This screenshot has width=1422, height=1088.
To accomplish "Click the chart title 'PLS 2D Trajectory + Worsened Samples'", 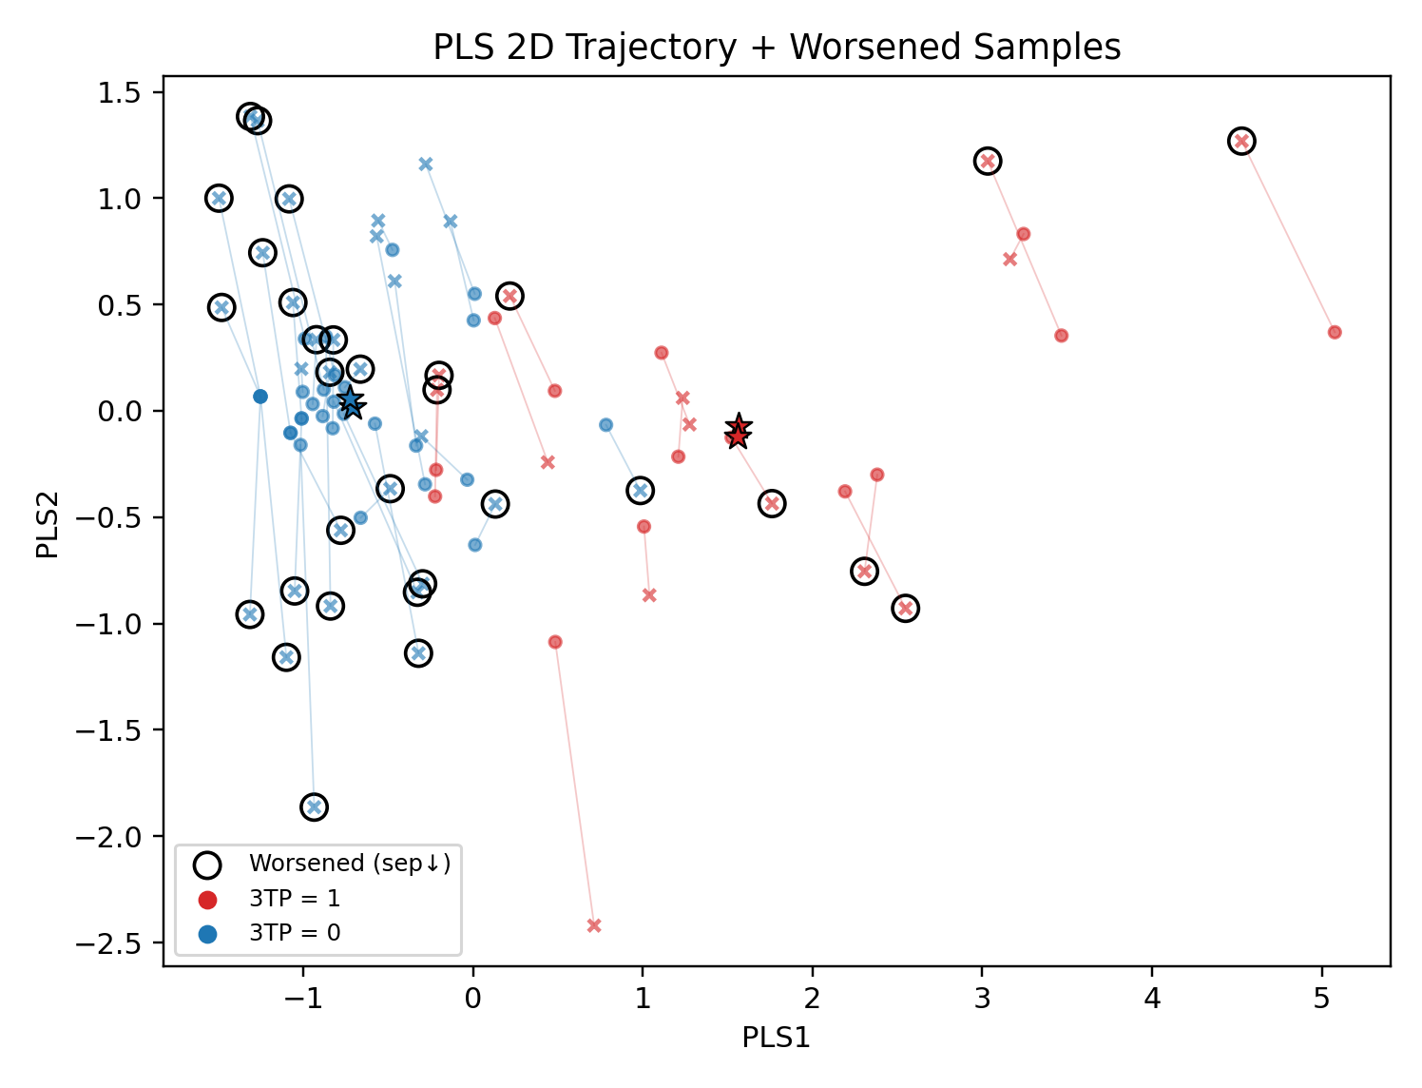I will pyautogui.click(x=777, y=47).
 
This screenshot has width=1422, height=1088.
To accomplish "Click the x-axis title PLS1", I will pyautogui.click(x=776, y=1038).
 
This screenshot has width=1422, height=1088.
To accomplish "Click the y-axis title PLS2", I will pyautogui.click(x=48, y=524).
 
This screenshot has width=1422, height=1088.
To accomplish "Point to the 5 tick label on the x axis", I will pyautogui.click(x=1321, y=998).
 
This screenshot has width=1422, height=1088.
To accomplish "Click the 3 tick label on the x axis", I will pyautogui.click(x=982, y=998).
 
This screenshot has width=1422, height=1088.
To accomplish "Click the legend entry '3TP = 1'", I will pyautogui.click(x=294, y=899).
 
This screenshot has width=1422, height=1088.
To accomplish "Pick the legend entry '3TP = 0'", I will pyautogui.click(x=294, y=933).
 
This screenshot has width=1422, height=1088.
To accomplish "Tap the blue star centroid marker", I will pyautogui.click(x=351, y=401).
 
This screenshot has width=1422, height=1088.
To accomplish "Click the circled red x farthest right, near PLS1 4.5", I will pyautogui.click(x=1240, y=141).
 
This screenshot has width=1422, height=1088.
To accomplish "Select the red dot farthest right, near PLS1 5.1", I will pyautogui.click(x=1335, y=332).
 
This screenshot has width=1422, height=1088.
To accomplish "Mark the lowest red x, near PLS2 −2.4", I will pyautogui.click(x=594, y=925).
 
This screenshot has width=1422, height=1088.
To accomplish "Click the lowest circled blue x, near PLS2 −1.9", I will pyautogui.click(x=314, y=806).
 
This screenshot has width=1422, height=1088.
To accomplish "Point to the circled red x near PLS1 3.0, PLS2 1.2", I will pyautogui.click(x=988, y=161).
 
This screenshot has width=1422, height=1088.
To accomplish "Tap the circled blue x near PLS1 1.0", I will pyautogui.click(x=641, y=491).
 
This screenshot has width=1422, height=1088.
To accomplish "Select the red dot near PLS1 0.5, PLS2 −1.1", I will pyautogui.click(x=555, y=642).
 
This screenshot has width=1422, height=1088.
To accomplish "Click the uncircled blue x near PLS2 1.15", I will pyautogui.click(x=426, y=165).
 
